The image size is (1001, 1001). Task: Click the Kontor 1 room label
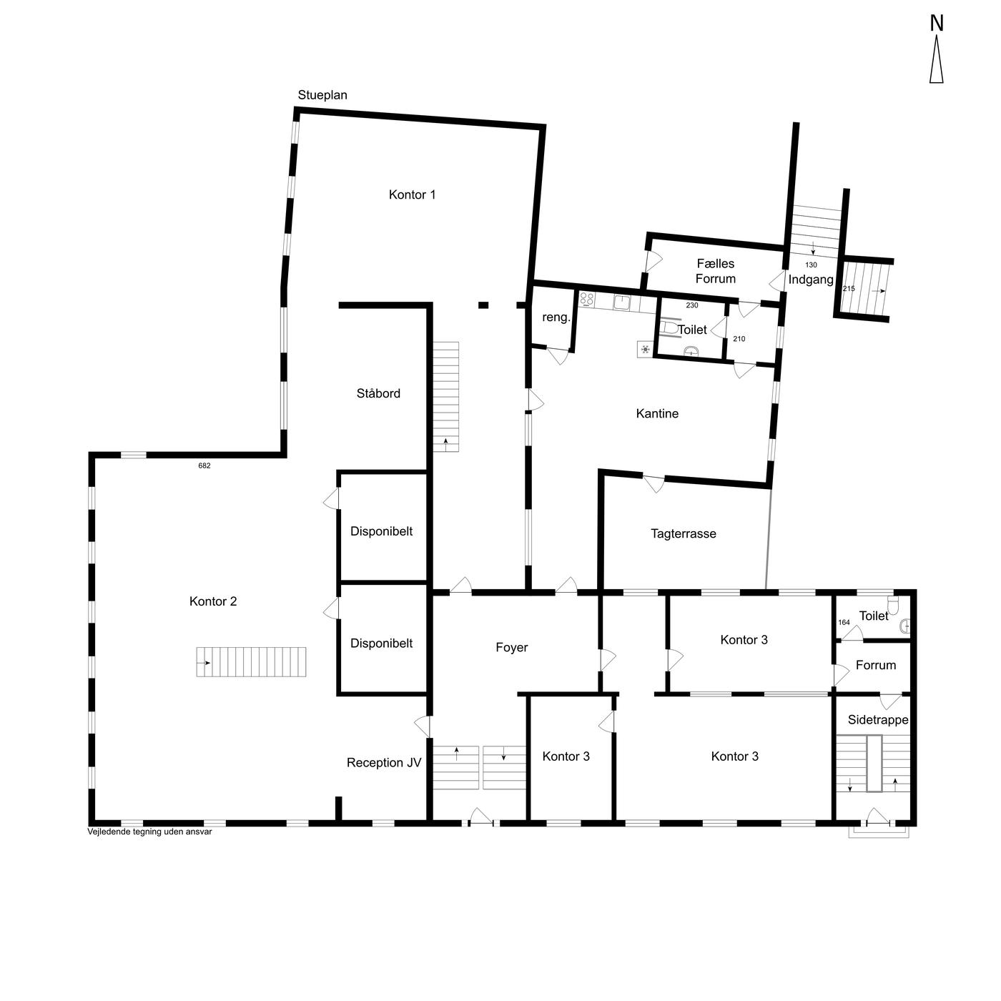pyautogui.click(x=412, y=194)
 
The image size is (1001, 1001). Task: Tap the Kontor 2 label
pyautogui.click(x=213, y=601)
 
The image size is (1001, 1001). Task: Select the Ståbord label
pyautogui.click(x=378, y=393)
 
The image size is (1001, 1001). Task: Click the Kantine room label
pyautogui.click(x=657, y=413)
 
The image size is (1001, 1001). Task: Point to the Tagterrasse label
pyautogui.click(x=683, y=534)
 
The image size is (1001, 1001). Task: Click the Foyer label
pyautogui.click(x=512, y=648)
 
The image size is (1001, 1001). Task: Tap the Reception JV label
pyautogui.click(x=384, y=763)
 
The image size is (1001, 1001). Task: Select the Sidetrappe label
pyautogui.click(x=878, y=720)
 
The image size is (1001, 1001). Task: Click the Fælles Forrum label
pyautogui.click(x=715, y=271)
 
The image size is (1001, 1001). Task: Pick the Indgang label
pyautogui.click(x=810, y=280)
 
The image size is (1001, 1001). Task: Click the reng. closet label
pyautogui.click(x=556, y=317)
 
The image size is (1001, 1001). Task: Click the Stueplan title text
pyautogui.click(x=322, y=95)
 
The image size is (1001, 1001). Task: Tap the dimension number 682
pyautogui.click(x=204, y=466)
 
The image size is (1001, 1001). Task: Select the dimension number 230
pyautogui.click(x=692, y=305)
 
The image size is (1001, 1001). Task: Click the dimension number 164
pyautogui.click(x=844, y=622)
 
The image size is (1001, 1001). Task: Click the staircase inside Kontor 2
pyautogui.click(x=251, y=662)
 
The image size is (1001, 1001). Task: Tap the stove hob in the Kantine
pyautogui.click(x=586, y=299)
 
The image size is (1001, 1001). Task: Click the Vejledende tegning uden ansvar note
pyautogui.click(x=149, y=832)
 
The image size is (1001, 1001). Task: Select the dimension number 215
pyautogui.click(x=848, y=289)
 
